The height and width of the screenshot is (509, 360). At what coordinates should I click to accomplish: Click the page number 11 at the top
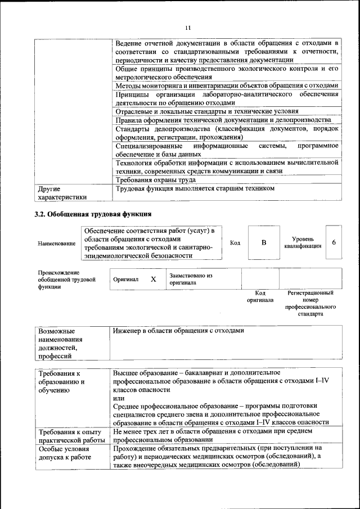coord(188,28)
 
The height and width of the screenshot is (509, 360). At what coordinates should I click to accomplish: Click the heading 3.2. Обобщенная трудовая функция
coord(93,214)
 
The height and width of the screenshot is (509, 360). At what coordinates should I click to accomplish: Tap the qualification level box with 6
coord(334,242)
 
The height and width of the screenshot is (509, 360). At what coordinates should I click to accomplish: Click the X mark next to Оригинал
coord(153,279)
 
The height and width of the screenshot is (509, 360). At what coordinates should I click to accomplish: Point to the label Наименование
coord(56,244)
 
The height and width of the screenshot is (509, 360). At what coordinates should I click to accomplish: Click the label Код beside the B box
coord(235,242)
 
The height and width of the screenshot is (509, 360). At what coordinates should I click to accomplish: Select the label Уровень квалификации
coord(303,242)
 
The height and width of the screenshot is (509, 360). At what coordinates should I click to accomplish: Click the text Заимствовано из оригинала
coord(191,279)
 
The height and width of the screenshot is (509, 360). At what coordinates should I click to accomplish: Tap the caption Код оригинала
coord(260,296)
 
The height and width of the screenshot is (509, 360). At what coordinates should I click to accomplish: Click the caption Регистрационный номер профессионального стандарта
coord(310,304)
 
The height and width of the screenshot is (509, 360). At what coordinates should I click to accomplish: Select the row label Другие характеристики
coord(62,193)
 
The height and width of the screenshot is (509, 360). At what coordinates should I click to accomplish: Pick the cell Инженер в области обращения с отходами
coord(178,331)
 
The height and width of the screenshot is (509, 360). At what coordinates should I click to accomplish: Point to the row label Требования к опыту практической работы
coord(70,435)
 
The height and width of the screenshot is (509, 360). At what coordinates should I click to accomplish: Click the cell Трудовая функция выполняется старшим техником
coord(194,188)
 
